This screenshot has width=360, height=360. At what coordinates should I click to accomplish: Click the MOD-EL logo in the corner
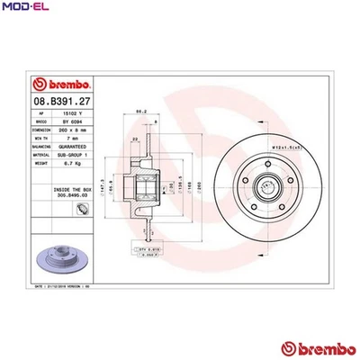click(24, 7)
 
